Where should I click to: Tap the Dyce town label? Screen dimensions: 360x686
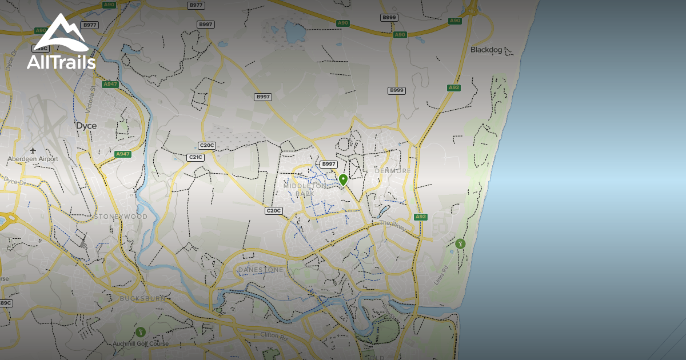pos(86,126)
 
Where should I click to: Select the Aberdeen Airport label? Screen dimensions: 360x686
pos(33,159)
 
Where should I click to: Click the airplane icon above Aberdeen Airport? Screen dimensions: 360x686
pos(33,150)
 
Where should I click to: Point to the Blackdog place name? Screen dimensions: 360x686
pos(486,50)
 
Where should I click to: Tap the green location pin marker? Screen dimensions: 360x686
pos(343,180)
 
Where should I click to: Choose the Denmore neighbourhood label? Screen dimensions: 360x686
pos(393,171)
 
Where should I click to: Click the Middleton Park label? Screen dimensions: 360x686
pos(305,190)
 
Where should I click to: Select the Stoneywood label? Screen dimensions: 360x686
pos(121,217)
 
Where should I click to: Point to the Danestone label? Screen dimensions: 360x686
pos(261,269)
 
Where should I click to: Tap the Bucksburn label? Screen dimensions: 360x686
pos(143,298)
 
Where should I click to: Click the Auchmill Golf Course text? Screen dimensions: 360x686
pos(141,344)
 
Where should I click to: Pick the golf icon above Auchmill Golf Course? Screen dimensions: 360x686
pos(141,332)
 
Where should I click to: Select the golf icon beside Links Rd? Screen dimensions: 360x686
pos(460,244)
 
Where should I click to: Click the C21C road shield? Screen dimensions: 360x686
pos(196,157)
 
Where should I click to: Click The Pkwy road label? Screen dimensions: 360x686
pos(392,225)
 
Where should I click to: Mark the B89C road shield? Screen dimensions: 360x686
pos(5,303)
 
